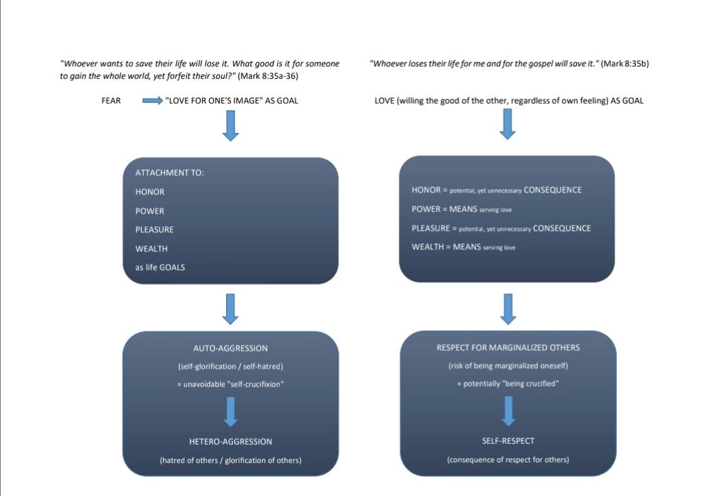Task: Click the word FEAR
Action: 111,101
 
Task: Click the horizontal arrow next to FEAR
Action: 152,101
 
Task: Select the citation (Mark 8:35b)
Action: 624,64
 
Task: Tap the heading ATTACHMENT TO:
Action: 169,173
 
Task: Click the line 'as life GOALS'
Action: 160,267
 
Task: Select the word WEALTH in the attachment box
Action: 151,249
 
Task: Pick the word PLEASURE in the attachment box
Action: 154,230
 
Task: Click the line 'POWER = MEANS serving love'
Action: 461,209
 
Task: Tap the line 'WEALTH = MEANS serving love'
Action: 463,247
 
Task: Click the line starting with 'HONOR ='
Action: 496,190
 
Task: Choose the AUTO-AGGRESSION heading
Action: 230,348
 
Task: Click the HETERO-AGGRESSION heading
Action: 230,441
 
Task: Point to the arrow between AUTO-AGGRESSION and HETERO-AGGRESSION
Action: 231,410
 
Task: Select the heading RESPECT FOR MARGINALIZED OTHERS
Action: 508,347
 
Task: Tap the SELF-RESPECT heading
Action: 508,441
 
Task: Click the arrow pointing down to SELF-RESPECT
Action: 508,410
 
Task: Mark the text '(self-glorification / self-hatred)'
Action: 230,366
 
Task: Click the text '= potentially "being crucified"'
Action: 508,384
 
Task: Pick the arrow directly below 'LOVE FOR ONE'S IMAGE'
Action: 231,126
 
